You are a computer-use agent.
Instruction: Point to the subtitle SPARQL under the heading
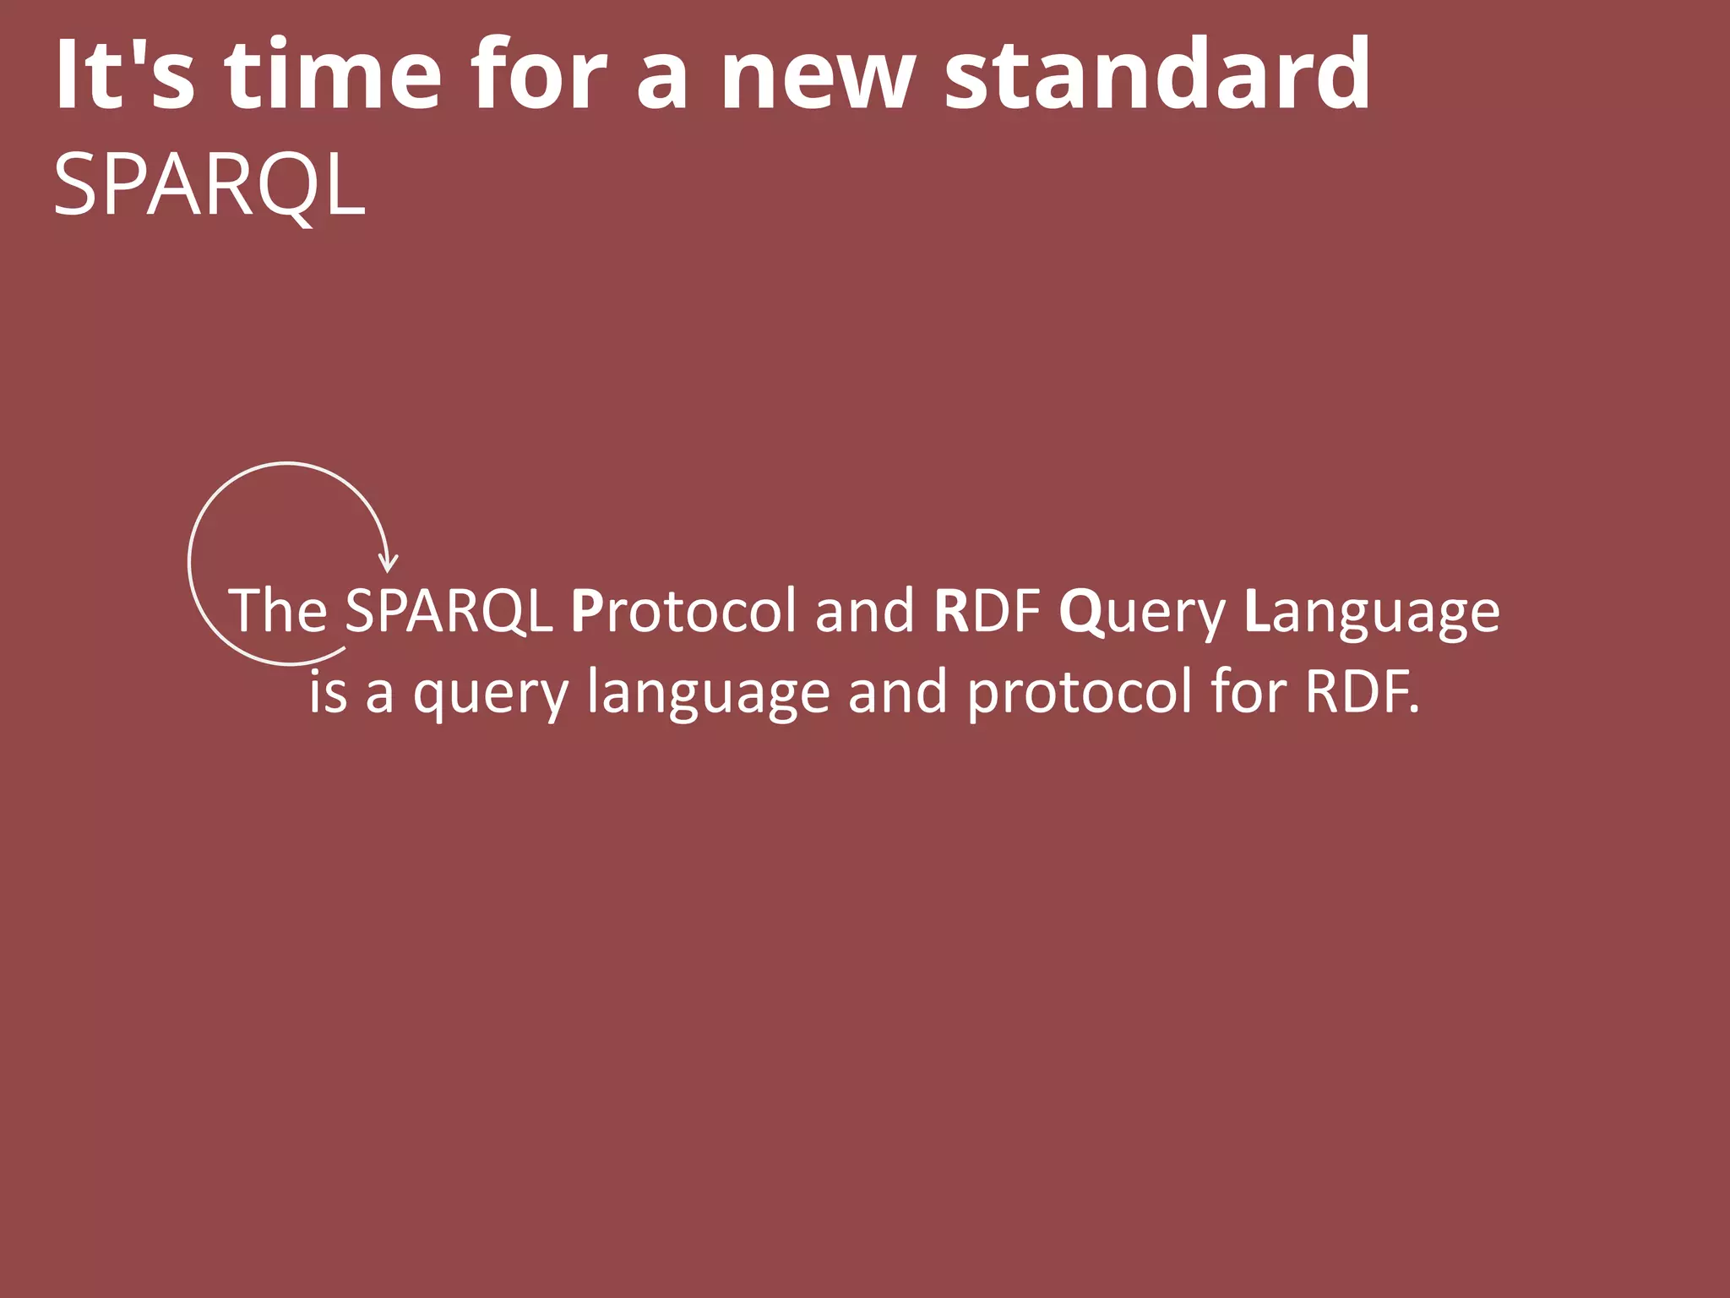click(x=209, y=185)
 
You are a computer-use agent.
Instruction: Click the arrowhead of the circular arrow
click(x=388, y=562)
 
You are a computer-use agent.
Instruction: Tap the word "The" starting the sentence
click(x=278, y=610)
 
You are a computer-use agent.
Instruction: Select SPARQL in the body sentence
click(x=449, y=610)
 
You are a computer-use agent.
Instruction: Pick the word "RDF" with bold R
click(x=987, y=610)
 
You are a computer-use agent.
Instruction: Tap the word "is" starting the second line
click(x=328, y=691)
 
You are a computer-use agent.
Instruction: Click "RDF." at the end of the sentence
click(x=1362, y=691)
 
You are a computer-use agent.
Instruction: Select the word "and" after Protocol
click(x=864, y=610)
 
